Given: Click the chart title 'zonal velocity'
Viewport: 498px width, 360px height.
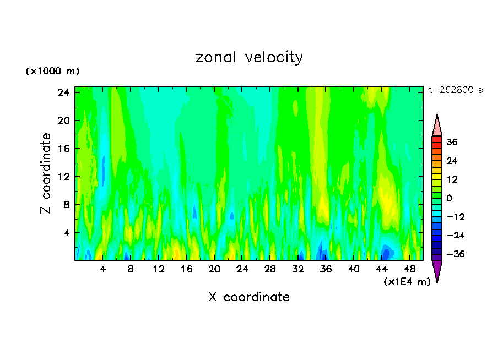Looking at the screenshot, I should pyautogui.click(x=249, y=57).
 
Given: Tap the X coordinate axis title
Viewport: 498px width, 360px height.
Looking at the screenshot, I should pyautogui.click(x=249, y=297).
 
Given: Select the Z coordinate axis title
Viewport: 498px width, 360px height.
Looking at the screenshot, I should pyautogui.click(x=46, y=173).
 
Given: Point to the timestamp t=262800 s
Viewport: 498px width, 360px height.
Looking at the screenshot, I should pyautogui.click(x=455, y=90).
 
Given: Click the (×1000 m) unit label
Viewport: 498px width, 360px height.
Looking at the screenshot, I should pyautogui.click(x=52, y=72).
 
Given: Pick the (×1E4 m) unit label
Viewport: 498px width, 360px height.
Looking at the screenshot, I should pyautogui.click(x=407, y=282).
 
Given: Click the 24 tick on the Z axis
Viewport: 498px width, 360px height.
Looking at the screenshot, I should pyautogui.click(x=63, y=92).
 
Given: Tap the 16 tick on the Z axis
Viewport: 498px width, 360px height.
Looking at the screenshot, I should pyautogui.click(x=63, y=149).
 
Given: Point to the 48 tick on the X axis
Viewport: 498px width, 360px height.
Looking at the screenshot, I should pyautogui.click(x=409, y=269).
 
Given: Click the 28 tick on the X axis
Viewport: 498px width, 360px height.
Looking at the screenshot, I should pyautogui.click(x=270, y=269).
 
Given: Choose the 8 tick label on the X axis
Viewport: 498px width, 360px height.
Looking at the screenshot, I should pyautogui.click(x=131, y=269).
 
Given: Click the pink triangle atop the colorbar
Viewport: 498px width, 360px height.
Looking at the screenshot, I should pyautogui.click(x=437, y=124).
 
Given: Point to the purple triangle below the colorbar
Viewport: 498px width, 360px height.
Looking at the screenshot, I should pyautogui.click(x=437, y=271).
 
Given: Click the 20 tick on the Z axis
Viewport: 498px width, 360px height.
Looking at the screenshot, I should pyautogui.click(x=63, y=121).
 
